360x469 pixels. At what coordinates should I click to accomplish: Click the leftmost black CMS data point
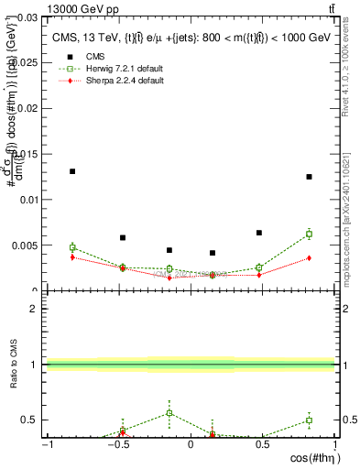pyautogui.click(x=72, y=171)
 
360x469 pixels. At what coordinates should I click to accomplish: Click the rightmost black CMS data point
pyautogui.click(x=309, y=177)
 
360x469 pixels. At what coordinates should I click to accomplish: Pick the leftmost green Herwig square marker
pyautogui.click(x=72, y=247)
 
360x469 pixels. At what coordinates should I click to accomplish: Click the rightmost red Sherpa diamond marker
pyautogui.click(x=309, y=257)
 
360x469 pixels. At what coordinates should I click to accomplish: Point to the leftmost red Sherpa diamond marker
pyautogui.click(x=72, y=257)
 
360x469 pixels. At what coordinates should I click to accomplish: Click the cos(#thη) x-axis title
pyautogui.click(x=311, y=458)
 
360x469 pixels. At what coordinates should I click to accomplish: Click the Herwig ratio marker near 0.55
pyautogui.click(x=169, y=413)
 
